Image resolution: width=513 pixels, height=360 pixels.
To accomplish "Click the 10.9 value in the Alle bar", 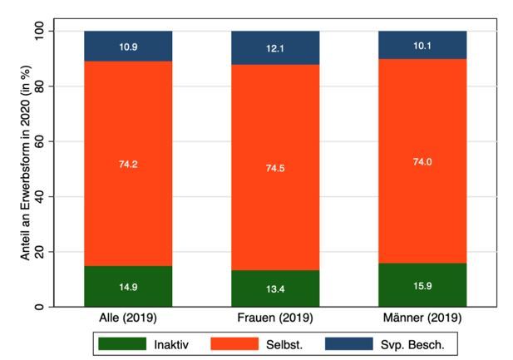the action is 128,47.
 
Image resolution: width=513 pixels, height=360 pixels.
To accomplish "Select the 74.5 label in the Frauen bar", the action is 275,168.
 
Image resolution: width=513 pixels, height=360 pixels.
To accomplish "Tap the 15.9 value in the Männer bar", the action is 422,286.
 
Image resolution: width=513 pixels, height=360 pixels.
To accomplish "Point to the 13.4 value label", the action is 275,289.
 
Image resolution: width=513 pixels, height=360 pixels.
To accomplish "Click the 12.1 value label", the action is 275,49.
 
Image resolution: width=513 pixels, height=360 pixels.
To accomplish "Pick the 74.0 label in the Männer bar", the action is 422,161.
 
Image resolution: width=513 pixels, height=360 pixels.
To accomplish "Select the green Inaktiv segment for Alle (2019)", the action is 128,286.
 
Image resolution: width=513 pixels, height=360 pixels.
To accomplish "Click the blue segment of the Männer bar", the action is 422,45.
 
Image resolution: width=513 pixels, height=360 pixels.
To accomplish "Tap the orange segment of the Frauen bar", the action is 275,167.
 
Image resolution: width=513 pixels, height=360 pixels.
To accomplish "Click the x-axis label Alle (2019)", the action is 128,318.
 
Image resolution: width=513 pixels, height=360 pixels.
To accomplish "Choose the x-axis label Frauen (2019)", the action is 275,318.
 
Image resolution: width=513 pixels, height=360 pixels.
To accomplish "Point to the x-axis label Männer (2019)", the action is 422,318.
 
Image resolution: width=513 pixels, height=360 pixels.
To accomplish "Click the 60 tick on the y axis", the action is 39,141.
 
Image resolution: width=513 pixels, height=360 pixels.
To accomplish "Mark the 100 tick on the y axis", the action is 39,31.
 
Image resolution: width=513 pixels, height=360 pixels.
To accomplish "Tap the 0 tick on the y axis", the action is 39,307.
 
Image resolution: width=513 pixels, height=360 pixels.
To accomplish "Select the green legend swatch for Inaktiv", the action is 122,344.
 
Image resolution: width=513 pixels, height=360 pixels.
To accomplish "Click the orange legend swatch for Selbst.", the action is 234,344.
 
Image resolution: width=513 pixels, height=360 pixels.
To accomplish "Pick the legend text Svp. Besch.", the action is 412,344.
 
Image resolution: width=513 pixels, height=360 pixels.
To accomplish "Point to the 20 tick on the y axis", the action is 39,252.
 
